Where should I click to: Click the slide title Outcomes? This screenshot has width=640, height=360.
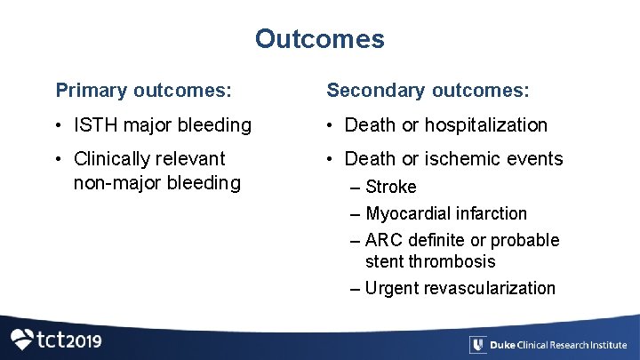(319, 39)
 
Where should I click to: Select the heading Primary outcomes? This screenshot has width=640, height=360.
(144, 91)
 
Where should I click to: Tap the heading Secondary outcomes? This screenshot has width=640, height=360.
(428, 91)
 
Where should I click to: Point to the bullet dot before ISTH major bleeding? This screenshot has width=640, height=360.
(61, 125)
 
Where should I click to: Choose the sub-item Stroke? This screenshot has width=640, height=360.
(391, 187)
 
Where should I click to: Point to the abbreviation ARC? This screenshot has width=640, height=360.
(385, 240)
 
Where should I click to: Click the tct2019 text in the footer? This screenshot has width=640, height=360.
(69, 340)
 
